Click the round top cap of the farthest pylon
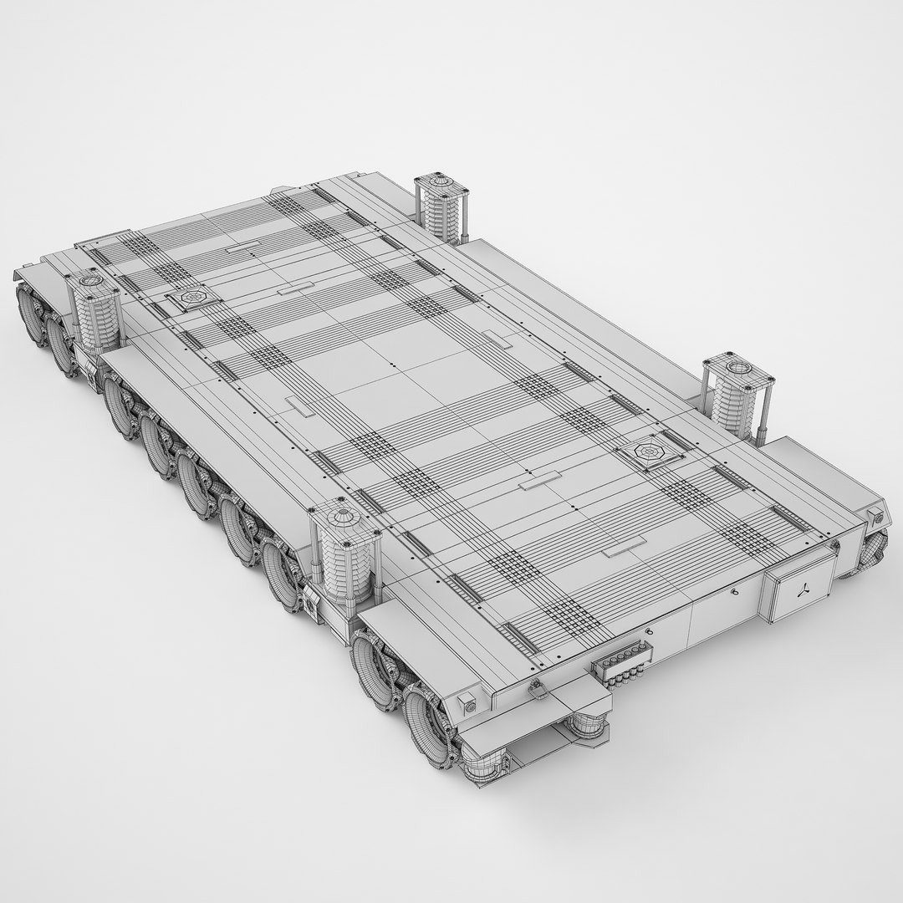click(440, 180)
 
